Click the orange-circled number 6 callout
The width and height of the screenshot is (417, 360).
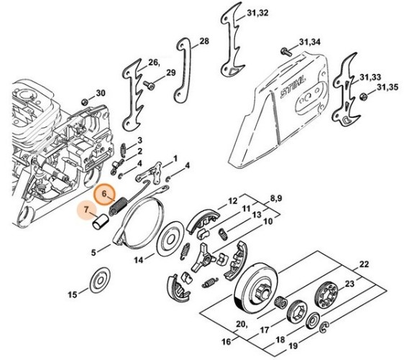coord(105,193)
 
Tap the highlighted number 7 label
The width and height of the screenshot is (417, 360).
coord(86,210)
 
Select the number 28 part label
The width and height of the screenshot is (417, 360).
coord(204,41)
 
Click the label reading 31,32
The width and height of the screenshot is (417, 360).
coord(257,13)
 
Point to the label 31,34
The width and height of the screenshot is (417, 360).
coord(310,42)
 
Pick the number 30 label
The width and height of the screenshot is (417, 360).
coord(101,93)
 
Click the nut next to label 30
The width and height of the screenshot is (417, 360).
coord(85,101)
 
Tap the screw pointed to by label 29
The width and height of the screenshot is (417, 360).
coord(149,85)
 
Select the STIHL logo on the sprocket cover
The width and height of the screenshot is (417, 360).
coord(293,87)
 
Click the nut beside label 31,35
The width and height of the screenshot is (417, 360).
coord(362,96)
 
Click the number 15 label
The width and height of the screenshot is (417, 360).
coord(73,295)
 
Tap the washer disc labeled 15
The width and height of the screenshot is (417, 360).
coord(100,280)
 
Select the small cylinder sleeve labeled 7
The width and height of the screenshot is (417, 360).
coord(101,221)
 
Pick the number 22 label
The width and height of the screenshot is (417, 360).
coord(364,264)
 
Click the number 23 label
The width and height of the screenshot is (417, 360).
coord(349,284)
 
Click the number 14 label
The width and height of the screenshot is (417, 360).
coord(138,260)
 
